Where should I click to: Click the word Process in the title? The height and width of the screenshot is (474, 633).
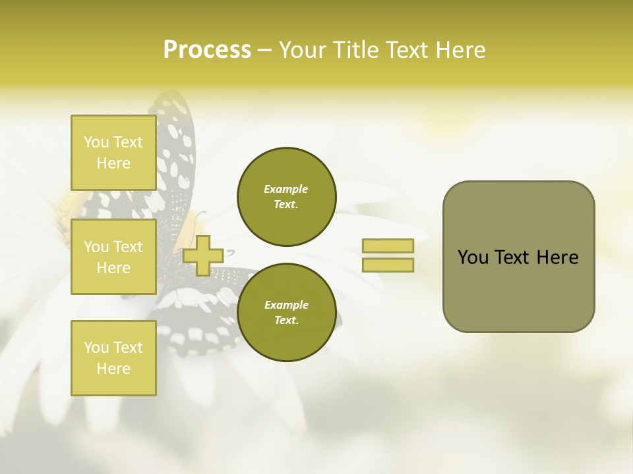(x=207, y=50)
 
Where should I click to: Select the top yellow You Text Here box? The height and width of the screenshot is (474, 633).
(x=113, y=153)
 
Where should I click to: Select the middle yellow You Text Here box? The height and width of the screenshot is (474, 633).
(x=113, y=257)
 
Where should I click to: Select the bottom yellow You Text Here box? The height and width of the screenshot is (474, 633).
(x=113, y=357)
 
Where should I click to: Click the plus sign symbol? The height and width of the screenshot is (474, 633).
(x=202, y=255)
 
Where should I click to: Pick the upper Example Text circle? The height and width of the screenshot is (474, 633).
(x=286, y=197)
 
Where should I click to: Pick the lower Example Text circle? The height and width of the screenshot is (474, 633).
(x=286, y=313)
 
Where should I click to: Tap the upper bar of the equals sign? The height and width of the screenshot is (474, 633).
(x=388, y=246)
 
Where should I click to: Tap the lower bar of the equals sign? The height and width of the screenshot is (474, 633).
(x=388, y=265)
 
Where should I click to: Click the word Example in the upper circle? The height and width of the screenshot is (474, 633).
(x=286, y=189)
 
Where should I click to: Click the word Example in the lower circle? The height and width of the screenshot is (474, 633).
(x=286, y=305)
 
